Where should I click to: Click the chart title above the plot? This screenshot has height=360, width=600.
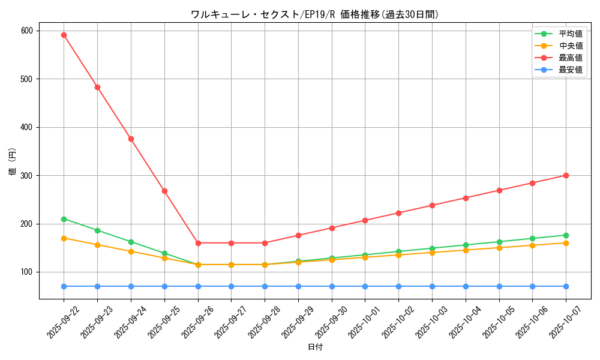[x=315, y=14]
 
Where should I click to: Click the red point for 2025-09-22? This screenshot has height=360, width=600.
[x=64, y=35]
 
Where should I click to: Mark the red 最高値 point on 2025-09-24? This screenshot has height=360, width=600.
[x=131, y=139]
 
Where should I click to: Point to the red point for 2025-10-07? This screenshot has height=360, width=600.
[x=566, y=175]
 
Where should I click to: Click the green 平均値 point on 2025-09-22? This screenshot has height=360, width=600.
[x=64, y=219]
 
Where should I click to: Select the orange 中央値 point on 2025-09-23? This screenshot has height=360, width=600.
[x=97, y=245]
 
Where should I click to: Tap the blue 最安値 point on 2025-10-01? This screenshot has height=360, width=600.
[x=365, y=286]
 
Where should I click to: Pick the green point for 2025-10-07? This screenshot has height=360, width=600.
[x=566, y=235]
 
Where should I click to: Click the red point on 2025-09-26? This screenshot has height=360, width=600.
[x=197, y=243]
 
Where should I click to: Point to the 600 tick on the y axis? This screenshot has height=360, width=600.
[x=27, y=31]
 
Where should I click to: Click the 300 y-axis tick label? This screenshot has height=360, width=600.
[x=27, y=175]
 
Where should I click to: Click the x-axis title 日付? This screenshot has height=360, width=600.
[x=315, y=347]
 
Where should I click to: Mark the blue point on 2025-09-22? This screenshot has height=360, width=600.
[x=64, y=286]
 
